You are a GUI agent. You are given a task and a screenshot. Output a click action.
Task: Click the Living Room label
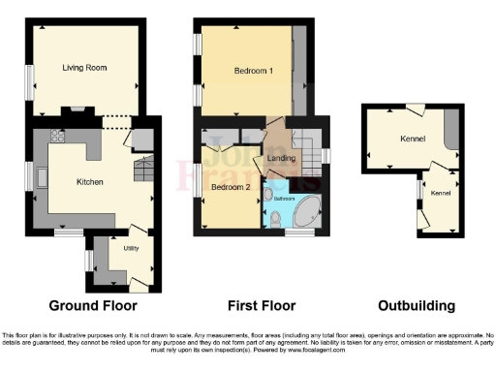coord(84,68)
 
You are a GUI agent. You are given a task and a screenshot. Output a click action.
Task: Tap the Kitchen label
coord(90,181)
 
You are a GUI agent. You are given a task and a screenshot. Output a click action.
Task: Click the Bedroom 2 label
coord(232,186)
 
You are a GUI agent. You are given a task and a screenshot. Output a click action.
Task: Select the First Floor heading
coord(256,305)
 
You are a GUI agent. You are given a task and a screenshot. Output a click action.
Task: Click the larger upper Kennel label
coord(412,139)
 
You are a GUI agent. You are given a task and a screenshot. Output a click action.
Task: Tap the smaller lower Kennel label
coord(441,194)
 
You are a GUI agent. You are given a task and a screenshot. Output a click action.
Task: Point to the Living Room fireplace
coord(77,111)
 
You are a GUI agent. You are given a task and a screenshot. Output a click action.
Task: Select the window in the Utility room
coord(88,260)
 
